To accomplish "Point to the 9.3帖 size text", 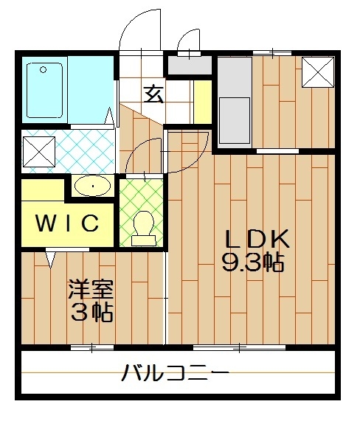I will click(x=254, y=262).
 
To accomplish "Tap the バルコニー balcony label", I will click(x=175, y=372).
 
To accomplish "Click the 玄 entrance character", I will click(x=153, y=94).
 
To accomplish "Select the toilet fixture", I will click(x=142, y=224).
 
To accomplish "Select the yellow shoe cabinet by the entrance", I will click(x=201, y=95).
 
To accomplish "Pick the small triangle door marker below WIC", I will click(x=52, y=259).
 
